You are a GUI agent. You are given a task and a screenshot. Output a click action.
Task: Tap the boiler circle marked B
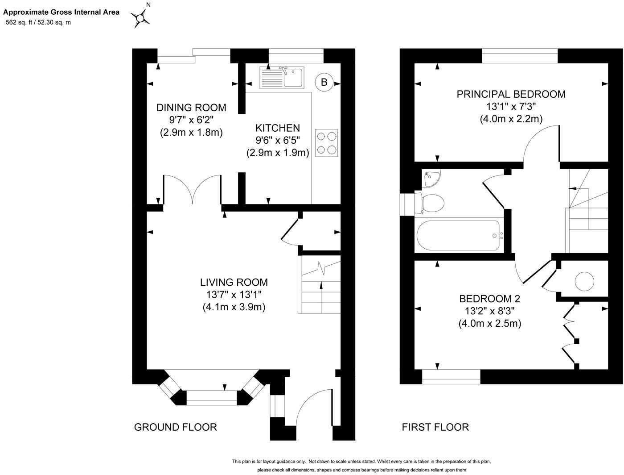[324, 82]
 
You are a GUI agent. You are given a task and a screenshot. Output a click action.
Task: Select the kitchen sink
[282, 77]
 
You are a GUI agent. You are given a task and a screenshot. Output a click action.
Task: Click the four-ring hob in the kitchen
[326, 143]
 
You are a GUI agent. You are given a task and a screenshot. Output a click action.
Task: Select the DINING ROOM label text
[191, 108]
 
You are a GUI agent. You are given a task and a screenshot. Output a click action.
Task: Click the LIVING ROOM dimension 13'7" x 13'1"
[234, 295]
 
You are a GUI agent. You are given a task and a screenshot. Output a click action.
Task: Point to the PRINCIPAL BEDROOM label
[511, 94]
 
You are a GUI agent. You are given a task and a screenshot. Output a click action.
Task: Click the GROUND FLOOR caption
[176, 427]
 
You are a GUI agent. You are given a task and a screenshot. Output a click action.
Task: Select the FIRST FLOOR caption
[435, 427]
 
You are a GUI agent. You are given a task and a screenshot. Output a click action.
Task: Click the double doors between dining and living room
[193, 190]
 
